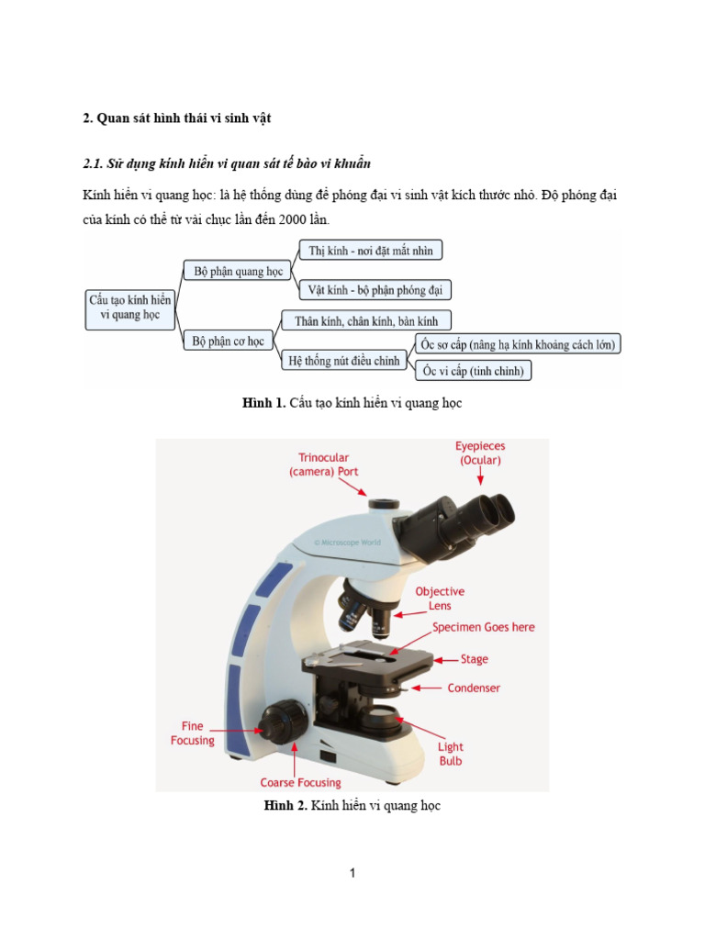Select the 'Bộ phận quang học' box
238,271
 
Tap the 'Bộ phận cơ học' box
229,341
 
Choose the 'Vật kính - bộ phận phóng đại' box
375,290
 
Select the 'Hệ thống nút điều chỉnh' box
344,361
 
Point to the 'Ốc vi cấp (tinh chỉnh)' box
475,372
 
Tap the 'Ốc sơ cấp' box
518,344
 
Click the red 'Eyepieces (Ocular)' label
480,453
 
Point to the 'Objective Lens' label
440,599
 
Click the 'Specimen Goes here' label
484,627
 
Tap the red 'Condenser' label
474,688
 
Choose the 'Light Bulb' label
450,754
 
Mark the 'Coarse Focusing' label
300,783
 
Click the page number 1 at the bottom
352,873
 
